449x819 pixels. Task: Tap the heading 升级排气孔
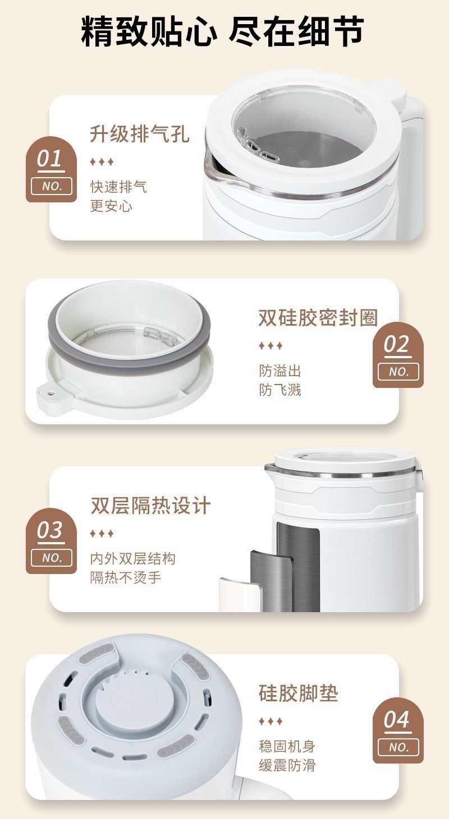pos(140,133)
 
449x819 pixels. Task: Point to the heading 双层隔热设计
pos(150,506)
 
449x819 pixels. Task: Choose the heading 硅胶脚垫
pos(298,693)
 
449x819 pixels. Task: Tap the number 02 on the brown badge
pos(397,344)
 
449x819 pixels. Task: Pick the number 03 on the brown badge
pos(50,530)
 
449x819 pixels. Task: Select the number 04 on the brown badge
pos(397,720)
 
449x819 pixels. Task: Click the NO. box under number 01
pos(52,187)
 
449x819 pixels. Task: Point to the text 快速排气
pos(118,187)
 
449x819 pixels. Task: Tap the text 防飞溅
pos(280,390)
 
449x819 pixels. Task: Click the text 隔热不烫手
pos(126,578)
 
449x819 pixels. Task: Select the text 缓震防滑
pos(287,765)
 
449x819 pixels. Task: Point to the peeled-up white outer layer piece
pos(240,594)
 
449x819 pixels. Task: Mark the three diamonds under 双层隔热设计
pos(102,534)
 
